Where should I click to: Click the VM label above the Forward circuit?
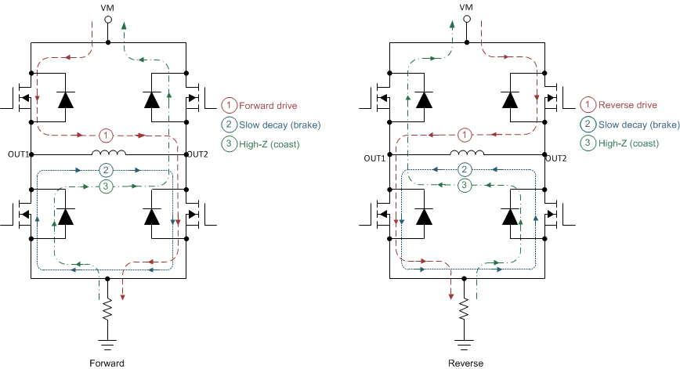[x=108, y=7]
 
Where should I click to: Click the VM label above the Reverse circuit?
[x=466, y=7]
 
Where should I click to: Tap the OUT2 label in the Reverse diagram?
[x=556, y=158]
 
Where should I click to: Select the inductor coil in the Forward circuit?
[x=108, y=153]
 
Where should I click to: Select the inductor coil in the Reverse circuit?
[x=466, y=153]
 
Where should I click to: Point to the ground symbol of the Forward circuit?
[x=108, y=343]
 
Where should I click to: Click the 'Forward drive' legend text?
[x=268, y=106]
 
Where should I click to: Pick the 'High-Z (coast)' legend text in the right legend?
[x=628, y=143]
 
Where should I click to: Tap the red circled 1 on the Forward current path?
[x=108, y=135]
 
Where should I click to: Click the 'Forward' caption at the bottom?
[x=108, y=363]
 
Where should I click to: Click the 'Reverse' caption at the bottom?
[x=466, y=363]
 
